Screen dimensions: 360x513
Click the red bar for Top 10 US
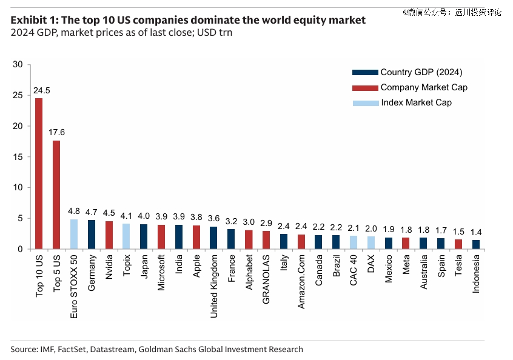point(39,173)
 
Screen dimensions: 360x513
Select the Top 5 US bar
point(56,195)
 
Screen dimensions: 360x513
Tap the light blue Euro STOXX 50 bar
point(74,234)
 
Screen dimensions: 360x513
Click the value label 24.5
point(41,91)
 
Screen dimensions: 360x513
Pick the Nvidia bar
point(109,235)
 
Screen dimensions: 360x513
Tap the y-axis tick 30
point(18,65)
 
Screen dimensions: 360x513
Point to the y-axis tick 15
point(18,157)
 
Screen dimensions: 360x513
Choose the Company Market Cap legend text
point(424,87)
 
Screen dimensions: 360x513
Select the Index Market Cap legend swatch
point(365,103)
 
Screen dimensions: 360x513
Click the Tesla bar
point(458,244)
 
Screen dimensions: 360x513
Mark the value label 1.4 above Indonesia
point(476,232)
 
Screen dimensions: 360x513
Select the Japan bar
point(144,236)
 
